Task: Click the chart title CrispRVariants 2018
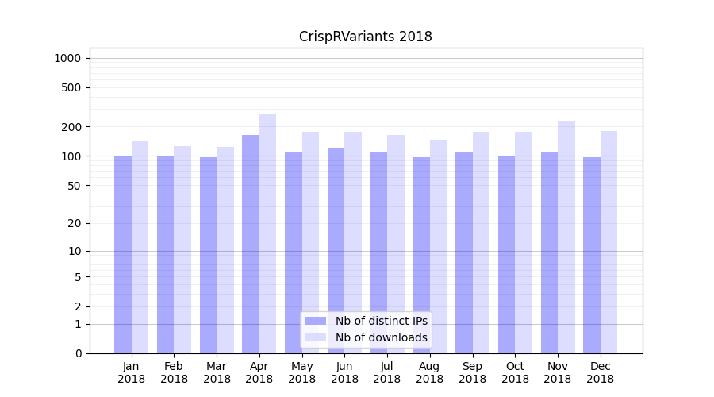(365, 37)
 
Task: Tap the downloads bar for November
(566, 237)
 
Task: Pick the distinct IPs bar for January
(123, 254)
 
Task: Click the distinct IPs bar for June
(336, 250)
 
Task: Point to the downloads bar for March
(225, 250)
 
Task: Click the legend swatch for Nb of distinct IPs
(316, 321)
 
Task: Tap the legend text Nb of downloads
(381, 337)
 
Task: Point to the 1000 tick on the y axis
(67, 58)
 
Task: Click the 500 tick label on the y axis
(71, 87)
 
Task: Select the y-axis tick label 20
(75, 223)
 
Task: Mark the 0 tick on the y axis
(78, 353)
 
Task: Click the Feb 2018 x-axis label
(174, 372)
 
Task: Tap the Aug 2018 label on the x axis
(429, 372)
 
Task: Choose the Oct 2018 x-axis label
(515, 372)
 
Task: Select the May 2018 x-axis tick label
(301, 372)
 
